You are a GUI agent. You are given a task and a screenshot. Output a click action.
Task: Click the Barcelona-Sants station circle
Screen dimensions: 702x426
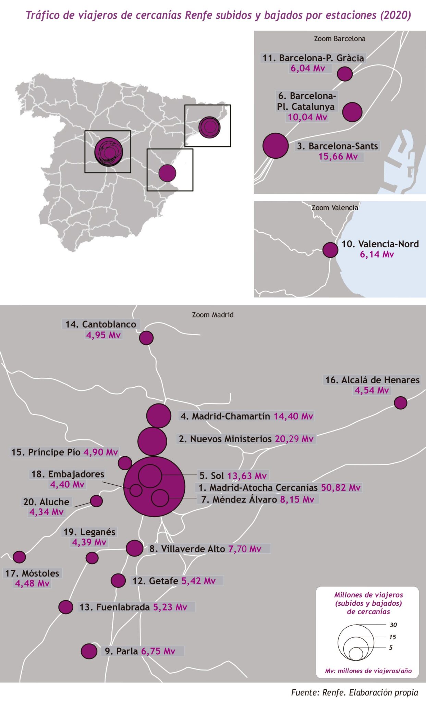(x=276, y=146)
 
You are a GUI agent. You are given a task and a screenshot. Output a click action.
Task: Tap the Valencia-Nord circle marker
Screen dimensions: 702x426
(x=330, y=250)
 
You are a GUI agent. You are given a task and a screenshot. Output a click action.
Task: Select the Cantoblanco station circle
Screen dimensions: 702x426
(x=146, y=338)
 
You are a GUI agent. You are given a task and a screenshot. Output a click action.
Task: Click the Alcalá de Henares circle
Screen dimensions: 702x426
(x=400, y=403)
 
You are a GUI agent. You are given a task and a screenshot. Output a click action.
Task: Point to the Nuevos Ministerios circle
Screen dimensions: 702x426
(x=152, y=441)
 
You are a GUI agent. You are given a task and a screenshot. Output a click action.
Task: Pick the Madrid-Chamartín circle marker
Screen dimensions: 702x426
(x=158, y=416)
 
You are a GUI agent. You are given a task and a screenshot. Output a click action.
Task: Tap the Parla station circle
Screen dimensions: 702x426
(x=89, y=651)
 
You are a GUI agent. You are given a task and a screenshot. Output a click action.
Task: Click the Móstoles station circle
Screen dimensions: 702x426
(x=19, y=557)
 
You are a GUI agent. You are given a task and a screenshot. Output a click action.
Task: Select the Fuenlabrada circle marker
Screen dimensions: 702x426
(x=65, y=607)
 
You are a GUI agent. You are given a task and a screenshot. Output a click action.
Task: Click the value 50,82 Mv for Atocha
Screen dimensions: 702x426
(x=341, y=487)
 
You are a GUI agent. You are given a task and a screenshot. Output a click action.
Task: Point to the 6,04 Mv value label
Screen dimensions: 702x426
(x=308, y=68)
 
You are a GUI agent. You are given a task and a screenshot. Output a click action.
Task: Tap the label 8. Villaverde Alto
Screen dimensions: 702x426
(x=187, y=549)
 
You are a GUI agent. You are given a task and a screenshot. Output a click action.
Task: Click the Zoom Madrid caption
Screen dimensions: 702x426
(x=212, y=315)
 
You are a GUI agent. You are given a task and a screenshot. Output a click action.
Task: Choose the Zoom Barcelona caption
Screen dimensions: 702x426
(x=339, y=39)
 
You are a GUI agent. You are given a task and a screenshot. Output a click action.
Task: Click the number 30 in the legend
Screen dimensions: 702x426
(x=393, y=625)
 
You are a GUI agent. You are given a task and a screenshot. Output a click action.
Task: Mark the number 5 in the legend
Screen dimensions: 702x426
(x=391, y=647)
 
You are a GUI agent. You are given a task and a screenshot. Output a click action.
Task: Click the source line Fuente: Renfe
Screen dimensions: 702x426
(x=354, y=692)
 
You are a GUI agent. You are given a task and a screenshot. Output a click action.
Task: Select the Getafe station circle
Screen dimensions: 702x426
(x=118, y=581)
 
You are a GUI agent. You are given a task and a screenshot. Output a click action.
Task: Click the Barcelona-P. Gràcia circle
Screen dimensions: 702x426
(x=344, y=74)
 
